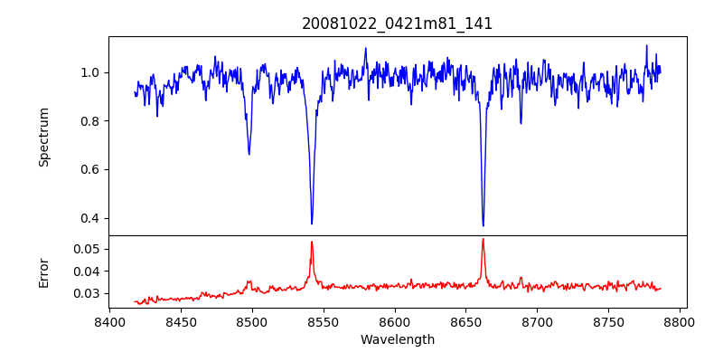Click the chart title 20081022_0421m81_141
(x=398, y=24)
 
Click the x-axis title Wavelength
(x=398, y=339)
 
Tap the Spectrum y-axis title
(x=44, y=137)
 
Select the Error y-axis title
(x=44, y=271)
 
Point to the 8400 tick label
(x=109, y=320)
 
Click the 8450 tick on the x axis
(x=181, y=320)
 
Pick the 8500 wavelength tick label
(x=252, y=320)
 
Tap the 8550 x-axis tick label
(x=324, y=320)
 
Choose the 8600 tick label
(x=395, y=320)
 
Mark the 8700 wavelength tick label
(x=538, y=320)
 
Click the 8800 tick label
(x=681, y=320)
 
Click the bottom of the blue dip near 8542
(x=312, y=224)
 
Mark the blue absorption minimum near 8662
(x=484, y=225)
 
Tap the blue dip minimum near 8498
(x=249, y=155)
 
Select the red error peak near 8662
(x=484, y=239)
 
